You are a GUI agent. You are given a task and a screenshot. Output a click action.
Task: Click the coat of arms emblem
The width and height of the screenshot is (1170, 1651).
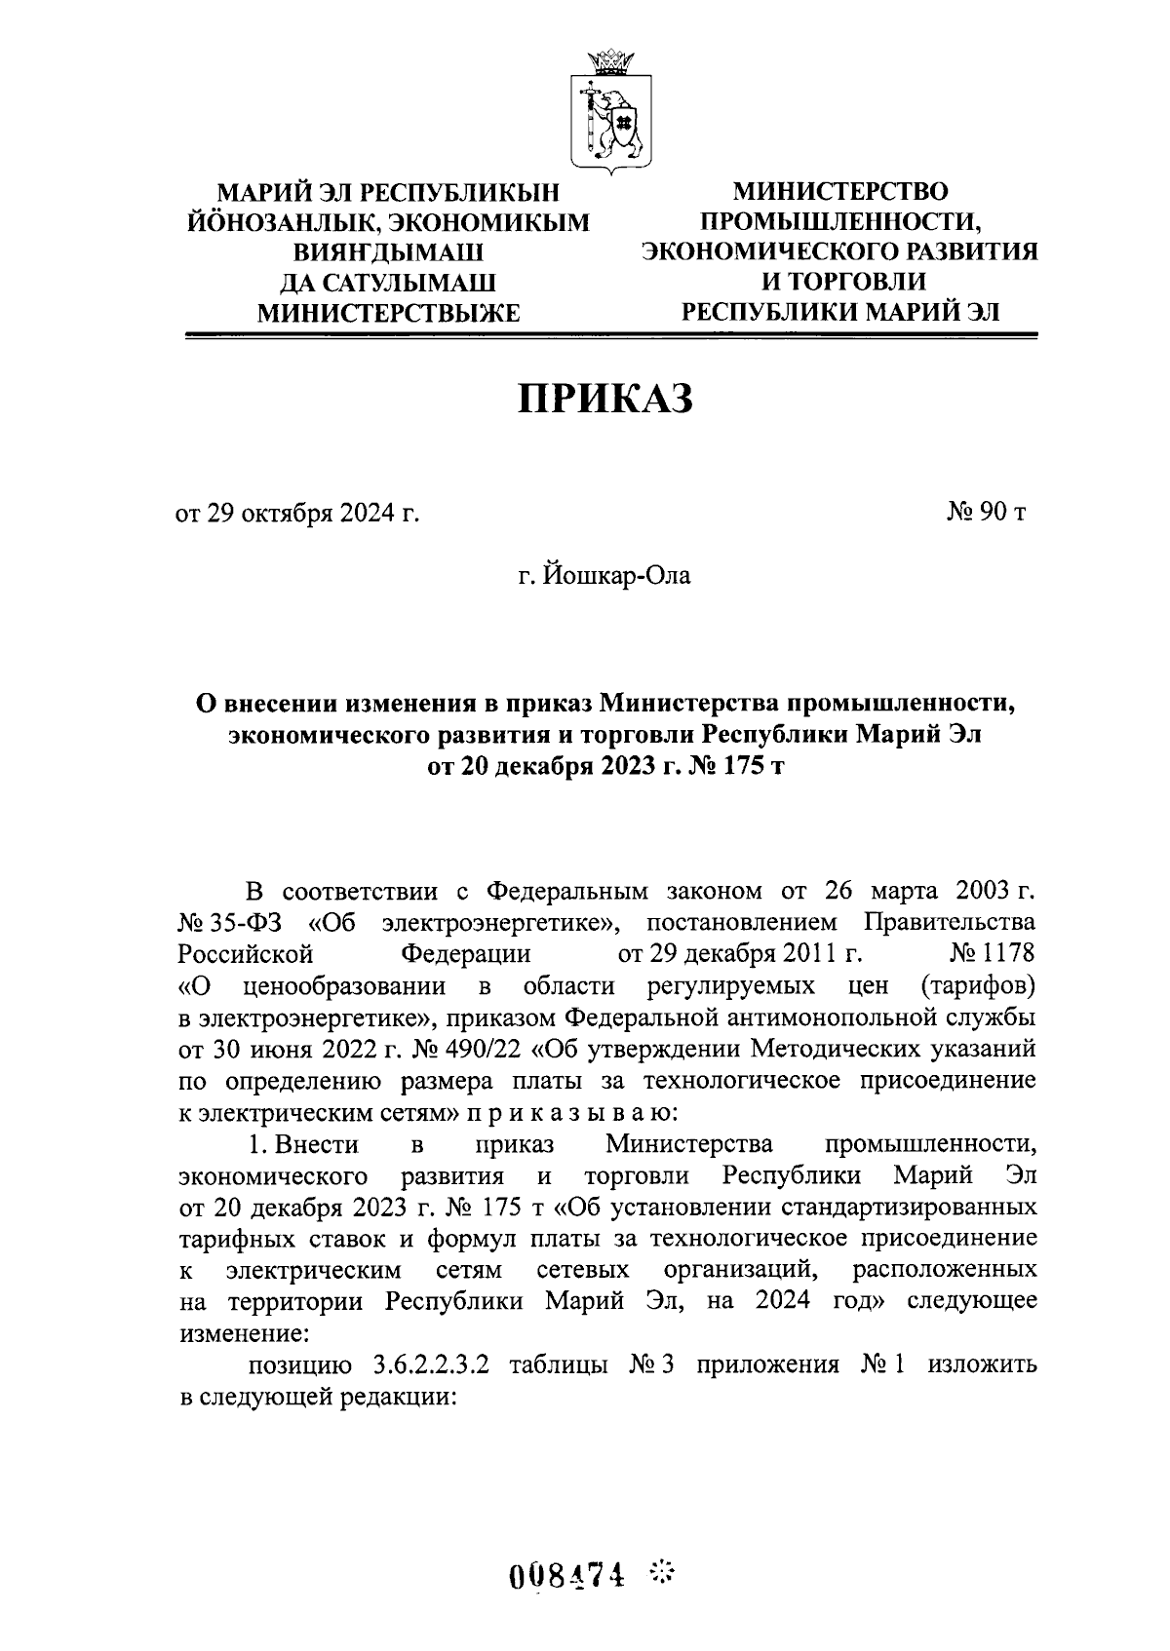click(611, 109)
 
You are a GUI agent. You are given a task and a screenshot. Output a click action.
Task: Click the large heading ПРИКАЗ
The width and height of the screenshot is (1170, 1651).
click(604, 399)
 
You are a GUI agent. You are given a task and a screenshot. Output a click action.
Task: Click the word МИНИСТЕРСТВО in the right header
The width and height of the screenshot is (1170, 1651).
click(838, 190)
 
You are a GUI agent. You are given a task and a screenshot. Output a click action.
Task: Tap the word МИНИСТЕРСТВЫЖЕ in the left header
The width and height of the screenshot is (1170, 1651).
click(387, 312)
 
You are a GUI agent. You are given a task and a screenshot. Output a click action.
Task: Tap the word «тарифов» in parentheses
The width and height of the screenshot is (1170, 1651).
click(977, 984)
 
